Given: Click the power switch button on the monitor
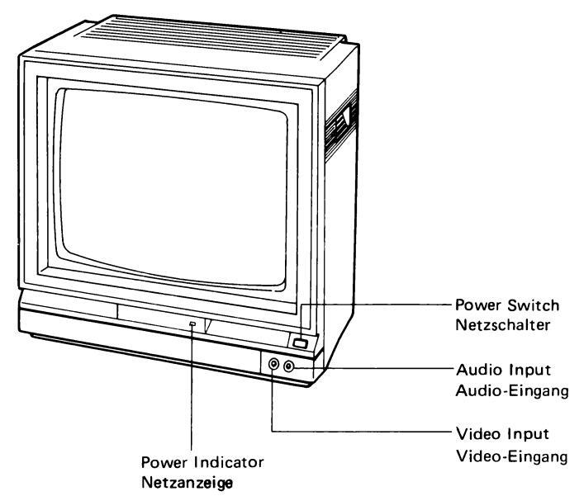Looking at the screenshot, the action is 300,343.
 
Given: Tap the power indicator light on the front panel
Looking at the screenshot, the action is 192,324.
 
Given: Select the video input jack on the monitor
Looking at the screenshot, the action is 273,364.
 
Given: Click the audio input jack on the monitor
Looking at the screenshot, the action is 288,367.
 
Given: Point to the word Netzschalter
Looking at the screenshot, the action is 503,325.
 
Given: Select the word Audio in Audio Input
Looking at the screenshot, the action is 477,370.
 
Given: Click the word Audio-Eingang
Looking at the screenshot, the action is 512,391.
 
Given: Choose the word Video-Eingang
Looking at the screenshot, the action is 512,456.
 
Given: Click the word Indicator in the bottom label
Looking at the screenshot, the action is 229,462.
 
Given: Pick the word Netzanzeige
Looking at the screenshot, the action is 188,483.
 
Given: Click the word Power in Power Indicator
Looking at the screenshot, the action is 164,462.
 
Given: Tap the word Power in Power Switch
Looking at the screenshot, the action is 478,305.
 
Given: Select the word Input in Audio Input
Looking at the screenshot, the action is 529,371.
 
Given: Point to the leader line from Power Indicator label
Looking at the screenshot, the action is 192,389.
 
